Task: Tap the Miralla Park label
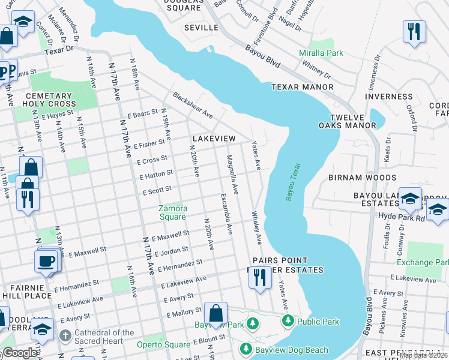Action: [321, 53]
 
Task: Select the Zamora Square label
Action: [172, 212]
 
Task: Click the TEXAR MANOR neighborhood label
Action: [302, 87]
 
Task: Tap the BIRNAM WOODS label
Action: [362, 178]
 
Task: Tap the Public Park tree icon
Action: [288, 322]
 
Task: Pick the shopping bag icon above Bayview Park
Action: [215, 314]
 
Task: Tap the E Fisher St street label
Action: [149, 145]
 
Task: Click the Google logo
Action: [20, 353]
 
